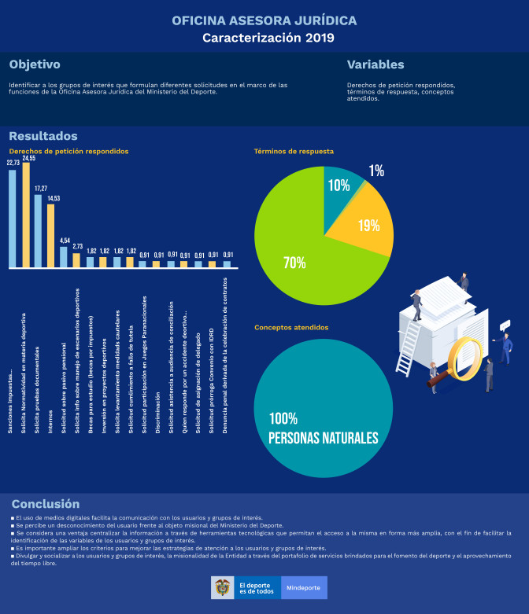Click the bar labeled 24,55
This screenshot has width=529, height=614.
(26, 215)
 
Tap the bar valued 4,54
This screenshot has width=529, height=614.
(64, 257)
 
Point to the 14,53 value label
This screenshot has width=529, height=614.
(51, 198)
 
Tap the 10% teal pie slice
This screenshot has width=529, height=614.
(342, 186)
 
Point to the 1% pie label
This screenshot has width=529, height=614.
(376, 171)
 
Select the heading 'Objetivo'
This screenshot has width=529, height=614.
(35, 64)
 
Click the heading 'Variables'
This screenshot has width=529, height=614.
(375, 64)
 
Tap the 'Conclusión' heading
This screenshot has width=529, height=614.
(45, 503)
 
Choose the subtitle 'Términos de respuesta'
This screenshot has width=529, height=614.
(294, 151)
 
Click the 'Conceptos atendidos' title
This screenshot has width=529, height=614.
(290, 327)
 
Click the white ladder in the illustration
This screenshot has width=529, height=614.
(408, 346)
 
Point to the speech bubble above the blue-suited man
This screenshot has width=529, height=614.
(505, 324)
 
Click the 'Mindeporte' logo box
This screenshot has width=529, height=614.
(304, 587)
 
